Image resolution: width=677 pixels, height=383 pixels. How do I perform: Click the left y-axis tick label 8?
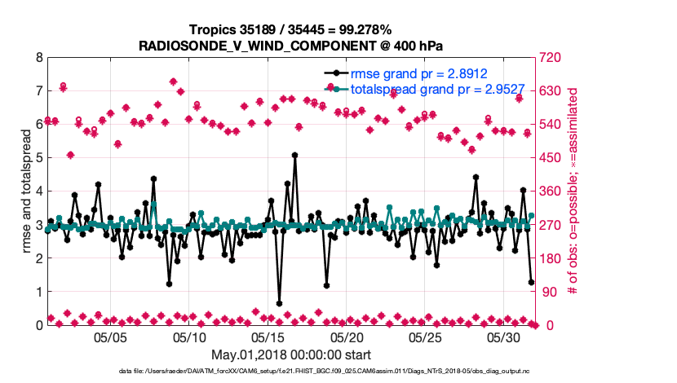[x=38, y=58]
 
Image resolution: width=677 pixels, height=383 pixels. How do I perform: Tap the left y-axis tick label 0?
[x=38, y=325]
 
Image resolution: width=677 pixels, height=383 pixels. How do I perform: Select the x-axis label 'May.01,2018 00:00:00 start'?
[x=291, y=354]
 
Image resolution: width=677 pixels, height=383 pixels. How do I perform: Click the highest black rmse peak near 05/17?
[x=294, y=155]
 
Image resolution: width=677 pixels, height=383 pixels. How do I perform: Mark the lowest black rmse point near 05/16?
[x=279, y=303]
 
